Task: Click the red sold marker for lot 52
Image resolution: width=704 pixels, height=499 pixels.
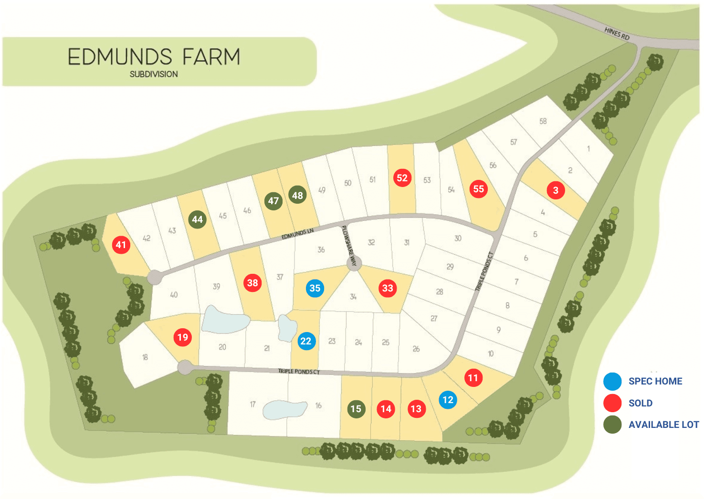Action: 402,178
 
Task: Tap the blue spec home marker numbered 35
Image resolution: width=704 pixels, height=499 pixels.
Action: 315,288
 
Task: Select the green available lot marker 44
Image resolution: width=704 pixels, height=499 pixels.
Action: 198,219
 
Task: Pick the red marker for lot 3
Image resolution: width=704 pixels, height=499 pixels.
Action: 556,190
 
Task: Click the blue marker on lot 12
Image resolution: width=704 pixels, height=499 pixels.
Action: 448,400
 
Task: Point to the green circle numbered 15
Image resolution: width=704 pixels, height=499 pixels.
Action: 356,409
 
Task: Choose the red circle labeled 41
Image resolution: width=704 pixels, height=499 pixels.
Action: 121,245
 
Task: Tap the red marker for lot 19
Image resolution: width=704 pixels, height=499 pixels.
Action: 183,337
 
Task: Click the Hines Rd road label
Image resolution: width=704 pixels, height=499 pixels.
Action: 617,33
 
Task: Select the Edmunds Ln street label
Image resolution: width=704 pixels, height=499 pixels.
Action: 297,234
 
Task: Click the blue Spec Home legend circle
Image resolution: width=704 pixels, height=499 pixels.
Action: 612,381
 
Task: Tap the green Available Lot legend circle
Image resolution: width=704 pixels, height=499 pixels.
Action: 612,425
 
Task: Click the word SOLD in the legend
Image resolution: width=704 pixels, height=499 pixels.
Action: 641,403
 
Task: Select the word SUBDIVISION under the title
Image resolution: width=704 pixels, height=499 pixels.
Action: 154,74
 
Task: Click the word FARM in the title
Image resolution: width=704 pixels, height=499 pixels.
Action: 211,57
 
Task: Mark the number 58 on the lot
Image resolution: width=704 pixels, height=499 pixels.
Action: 543,121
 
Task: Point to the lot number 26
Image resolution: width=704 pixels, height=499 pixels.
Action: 416,349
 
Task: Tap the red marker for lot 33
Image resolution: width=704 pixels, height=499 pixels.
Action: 388,288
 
